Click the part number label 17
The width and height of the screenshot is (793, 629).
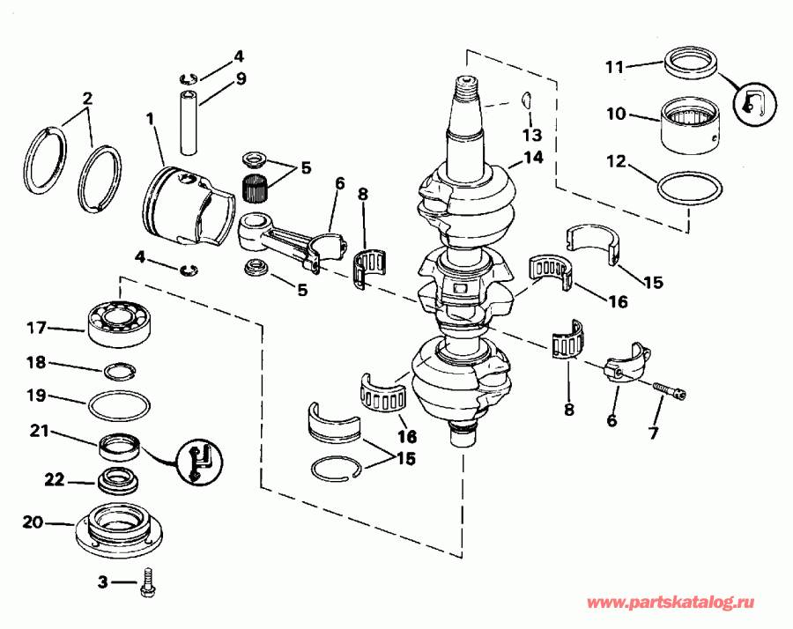35,328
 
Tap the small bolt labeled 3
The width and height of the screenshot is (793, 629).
147,584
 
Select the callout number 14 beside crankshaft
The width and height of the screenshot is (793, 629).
532,158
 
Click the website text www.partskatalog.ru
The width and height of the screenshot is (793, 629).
672,603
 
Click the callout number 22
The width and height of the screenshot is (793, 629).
56,478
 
